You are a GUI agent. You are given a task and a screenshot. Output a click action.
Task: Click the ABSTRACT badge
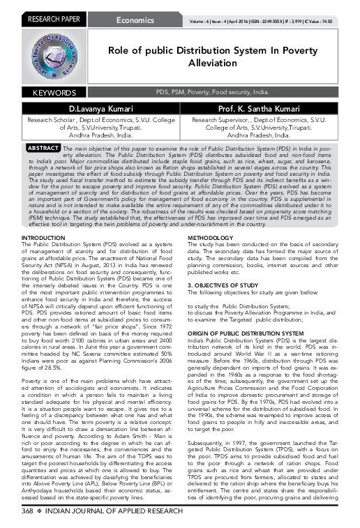[x=42, y=149]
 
